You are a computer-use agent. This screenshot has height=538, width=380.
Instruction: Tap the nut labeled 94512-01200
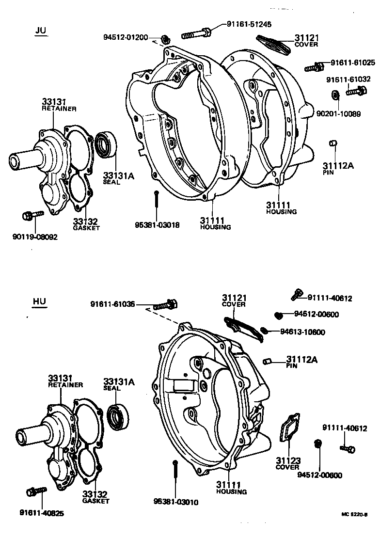pyautogui.click(x=165, y=39)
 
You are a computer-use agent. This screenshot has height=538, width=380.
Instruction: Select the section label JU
pyautogui.click(x=41, y=31)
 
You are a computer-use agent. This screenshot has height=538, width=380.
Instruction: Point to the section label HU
pyautogui.click(x=39, y=301)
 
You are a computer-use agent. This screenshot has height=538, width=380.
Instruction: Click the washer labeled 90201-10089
pyautogui.click(x=335, y=94)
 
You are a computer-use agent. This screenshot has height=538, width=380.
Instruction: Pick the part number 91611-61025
pyautogui.click(x=353, y=63)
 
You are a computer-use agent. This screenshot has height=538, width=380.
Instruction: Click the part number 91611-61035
pyautogui.click(x=112, y=304)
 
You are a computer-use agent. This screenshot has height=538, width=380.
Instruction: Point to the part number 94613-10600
pyautogui.click(x=302, y=332)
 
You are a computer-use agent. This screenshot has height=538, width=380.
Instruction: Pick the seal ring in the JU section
pyautogui.click(x=105, y=145)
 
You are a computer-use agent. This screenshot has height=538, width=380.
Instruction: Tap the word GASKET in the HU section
pyautogui.click(x=95, y=501)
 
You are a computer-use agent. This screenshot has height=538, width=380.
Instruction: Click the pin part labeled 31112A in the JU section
pyautogui.click(x=332, y=143)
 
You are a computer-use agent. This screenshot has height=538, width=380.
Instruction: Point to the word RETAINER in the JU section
pyautogui.click(x=59, y=109)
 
